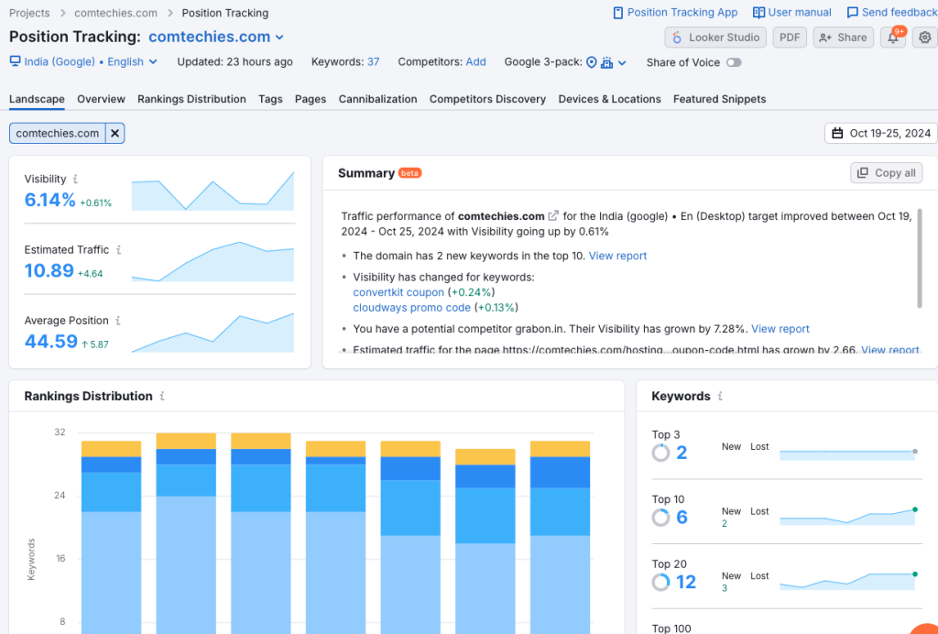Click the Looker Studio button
click(716, 38)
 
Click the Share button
click(843, 38)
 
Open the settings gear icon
click(925, 38)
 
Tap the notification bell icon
click(892, 38)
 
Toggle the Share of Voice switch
click(733, 62)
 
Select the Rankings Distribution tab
click(191, 99)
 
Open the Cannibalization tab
click(377, 99)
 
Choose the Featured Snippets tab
click(719, 99)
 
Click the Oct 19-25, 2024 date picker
click(880, 133)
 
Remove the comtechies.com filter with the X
click(115, 134)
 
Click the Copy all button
click(886, 173)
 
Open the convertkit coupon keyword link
click(398, 292)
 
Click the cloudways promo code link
click(411, 308)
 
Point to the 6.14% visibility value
click(50, 200)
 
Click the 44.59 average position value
click(51, 342)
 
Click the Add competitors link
click(475, 62)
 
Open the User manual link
click(792, 13)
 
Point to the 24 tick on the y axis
click(60, 496)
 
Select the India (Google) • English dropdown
click(83, 62)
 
